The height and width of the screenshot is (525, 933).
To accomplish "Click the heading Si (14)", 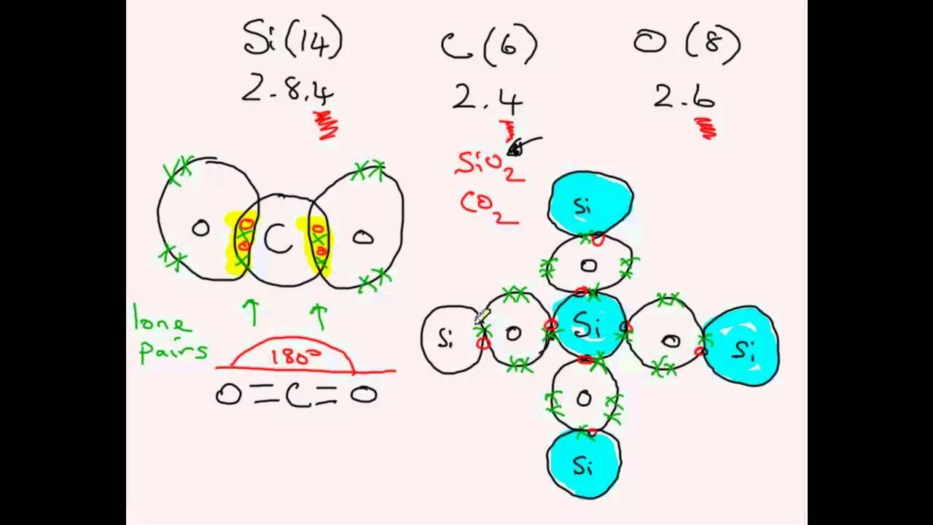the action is (292, 40).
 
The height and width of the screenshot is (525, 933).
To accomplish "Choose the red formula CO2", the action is (488, 206).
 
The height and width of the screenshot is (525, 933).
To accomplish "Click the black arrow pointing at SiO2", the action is (525, 144).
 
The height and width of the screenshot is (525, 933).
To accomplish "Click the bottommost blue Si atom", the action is (583, 464).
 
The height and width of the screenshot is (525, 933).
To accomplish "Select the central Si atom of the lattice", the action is (588, 327).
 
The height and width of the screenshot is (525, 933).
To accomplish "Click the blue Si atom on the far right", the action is (741, 348).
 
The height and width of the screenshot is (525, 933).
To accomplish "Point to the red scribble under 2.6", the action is (706, 128).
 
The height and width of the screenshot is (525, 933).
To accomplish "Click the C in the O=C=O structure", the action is (297, 394).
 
